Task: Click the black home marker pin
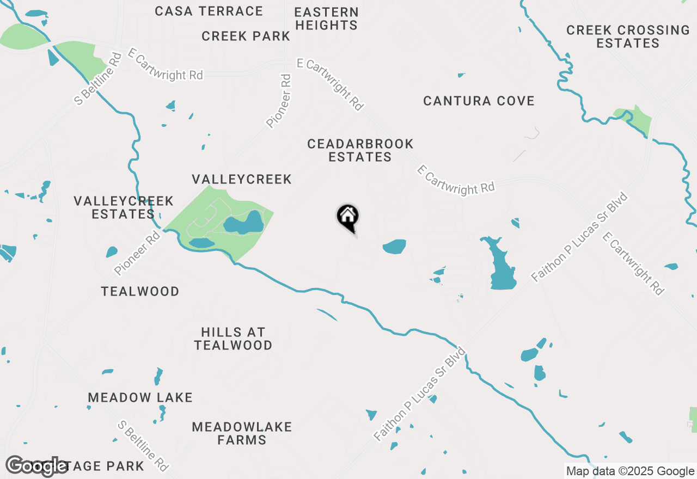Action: pos(347,217)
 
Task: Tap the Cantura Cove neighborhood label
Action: pos(479,101)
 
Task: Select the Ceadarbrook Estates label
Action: pos(360,150)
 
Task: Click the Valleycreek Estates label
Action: pos(124,207)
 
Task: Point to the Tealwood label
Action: pos(140,291)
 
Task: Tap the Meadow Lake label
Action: pos(140,397)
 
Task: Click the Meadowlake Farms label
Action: pos(242,433)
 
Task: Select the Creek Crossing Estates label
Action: pos(628,36)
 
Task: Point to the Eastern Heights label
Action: pos(326,19)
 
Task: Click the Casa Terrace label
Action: pos(209,11)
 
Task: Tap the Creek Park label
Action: pos(246,36)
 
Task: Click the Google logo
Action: pos(36,466)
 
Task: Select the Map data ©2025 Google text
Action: pos(630,471)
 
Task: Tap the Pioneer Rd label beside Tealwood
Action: pos(138,253)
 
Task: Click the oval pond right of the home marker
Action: pos(394,247)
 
